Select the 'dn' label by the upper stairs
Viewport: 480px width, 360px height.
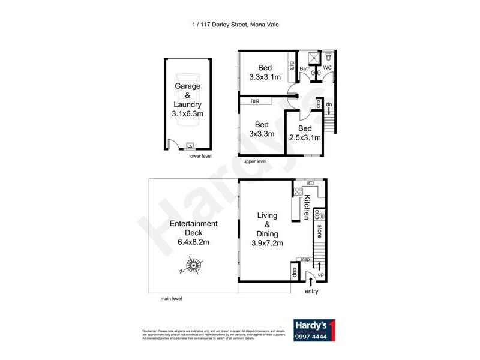(329, 106)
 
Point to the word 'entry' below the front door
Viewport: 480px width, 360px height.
(311, 292)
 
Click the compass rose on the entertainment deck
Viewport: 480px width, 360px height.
(194, 265)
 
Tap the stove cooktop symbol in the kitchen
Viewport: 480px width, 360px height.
(297, 193)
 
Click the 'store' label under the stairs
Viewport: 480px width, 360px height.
(320, 230)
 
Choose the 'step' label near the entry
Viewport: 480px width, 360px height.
(305, 259)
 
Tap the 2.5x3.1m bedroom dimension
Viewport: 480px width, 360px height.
(305, 137)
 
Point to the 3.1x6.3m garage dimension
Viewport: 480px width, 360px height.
(188, 113)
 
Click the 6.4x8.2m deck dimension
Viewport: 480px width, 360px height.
(193, 242)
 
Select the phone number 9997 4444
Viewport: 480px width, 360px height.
(311, 337)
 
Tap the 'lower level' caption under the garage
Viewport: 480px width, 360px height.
(200, 156)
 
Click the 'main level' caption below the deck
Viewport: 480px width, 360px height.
(171, 298)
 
